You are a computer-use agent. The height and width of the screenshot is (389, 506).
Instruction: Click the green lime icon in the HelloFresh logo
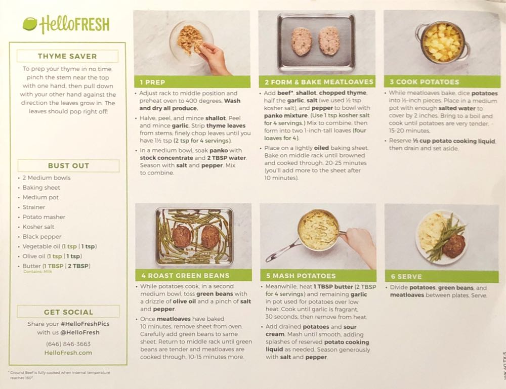coord(30,24)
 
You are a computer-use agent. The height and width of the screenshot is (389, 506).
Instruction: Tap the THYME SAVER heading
coord(67,56)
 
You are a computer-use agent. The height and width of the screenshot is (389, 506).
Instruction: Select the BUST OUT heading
coord(68,166)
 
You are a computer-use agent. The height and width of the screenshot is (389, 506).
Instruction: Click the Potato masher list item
coord(44,217)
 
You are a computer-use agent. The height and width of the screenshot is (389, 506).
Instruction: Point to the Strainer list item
coord(33,207)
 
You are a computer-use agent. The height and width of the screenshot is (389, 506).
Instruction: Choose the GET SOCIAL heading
coord(68,312)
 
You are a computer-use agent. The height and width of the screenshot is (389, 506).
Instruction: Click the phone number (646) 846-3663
coord(68,344)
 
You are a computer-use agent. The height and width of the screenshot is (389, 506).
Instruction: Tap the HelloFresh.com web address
coord(68,353)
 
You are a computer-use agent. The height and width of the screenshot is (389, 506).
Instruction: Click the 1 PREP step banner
coord(192,82)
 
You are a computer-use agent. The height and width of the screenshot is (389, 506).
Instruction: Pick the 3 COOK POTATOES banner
coord(442,82)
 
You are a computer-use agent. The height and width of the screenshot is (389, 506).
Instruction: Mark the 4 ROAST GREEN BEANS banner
coord(194,276)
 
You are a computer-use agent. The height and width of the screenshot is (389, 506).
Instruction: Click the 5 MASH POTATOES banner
coord(318,276)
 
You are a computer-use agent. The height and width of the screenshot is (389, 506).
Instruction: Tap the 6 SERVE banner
coord(442,276)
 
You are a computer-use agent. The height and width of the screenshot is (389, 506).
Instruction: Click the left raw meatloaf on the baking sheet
coord(302,41)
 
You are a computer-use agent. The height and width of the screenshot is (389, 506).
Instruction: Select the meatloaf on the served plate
coord(454,246)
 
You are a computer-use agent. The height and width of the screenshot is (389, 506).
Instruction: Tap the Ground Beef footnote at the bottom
coord(59,375)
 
